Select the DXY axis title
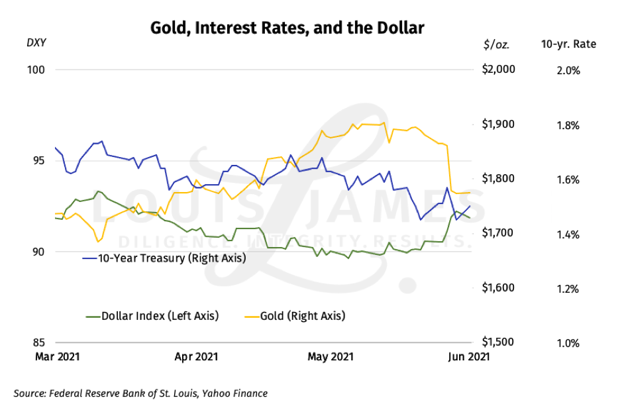[36, 44]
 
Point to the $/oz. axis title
[497, 44]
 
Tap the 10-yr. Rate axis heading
[568, 44]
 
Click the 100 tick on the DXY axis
[40, 70]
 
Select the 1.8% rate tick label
[567, 125]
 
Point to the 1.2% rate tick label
[567, 289]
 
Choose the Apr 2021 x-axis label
[196, 356]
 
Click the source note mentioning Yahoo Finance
[140, 393]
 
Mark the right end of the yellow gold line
[470, 193]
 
